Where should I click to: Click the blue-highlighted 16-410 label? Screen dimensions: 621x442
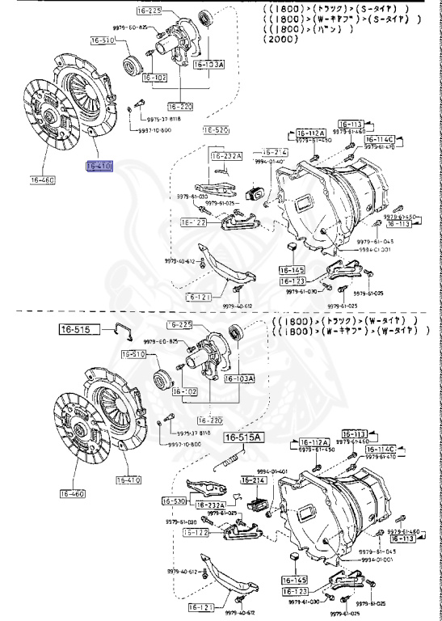[x=101, y=167]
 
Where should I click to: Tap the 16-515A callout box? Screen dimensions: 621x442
[x=244, y=437]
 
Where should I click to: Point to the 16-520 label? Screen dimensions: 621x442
[x=216, y=129]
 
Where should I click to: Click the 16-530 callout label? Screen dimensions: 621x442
[x=175, y=501]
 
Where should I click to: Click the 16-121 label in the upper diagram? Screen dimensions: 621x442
[x=200, y=298]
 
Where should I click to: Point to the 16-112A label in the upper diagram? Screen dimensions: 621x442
[x=309, y=133]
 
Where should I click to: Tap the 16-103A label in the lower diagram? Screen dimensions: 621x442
[x=239, y=378]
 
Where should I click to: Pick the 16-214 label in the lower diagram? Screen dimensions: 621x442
[x=254, y=480]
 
